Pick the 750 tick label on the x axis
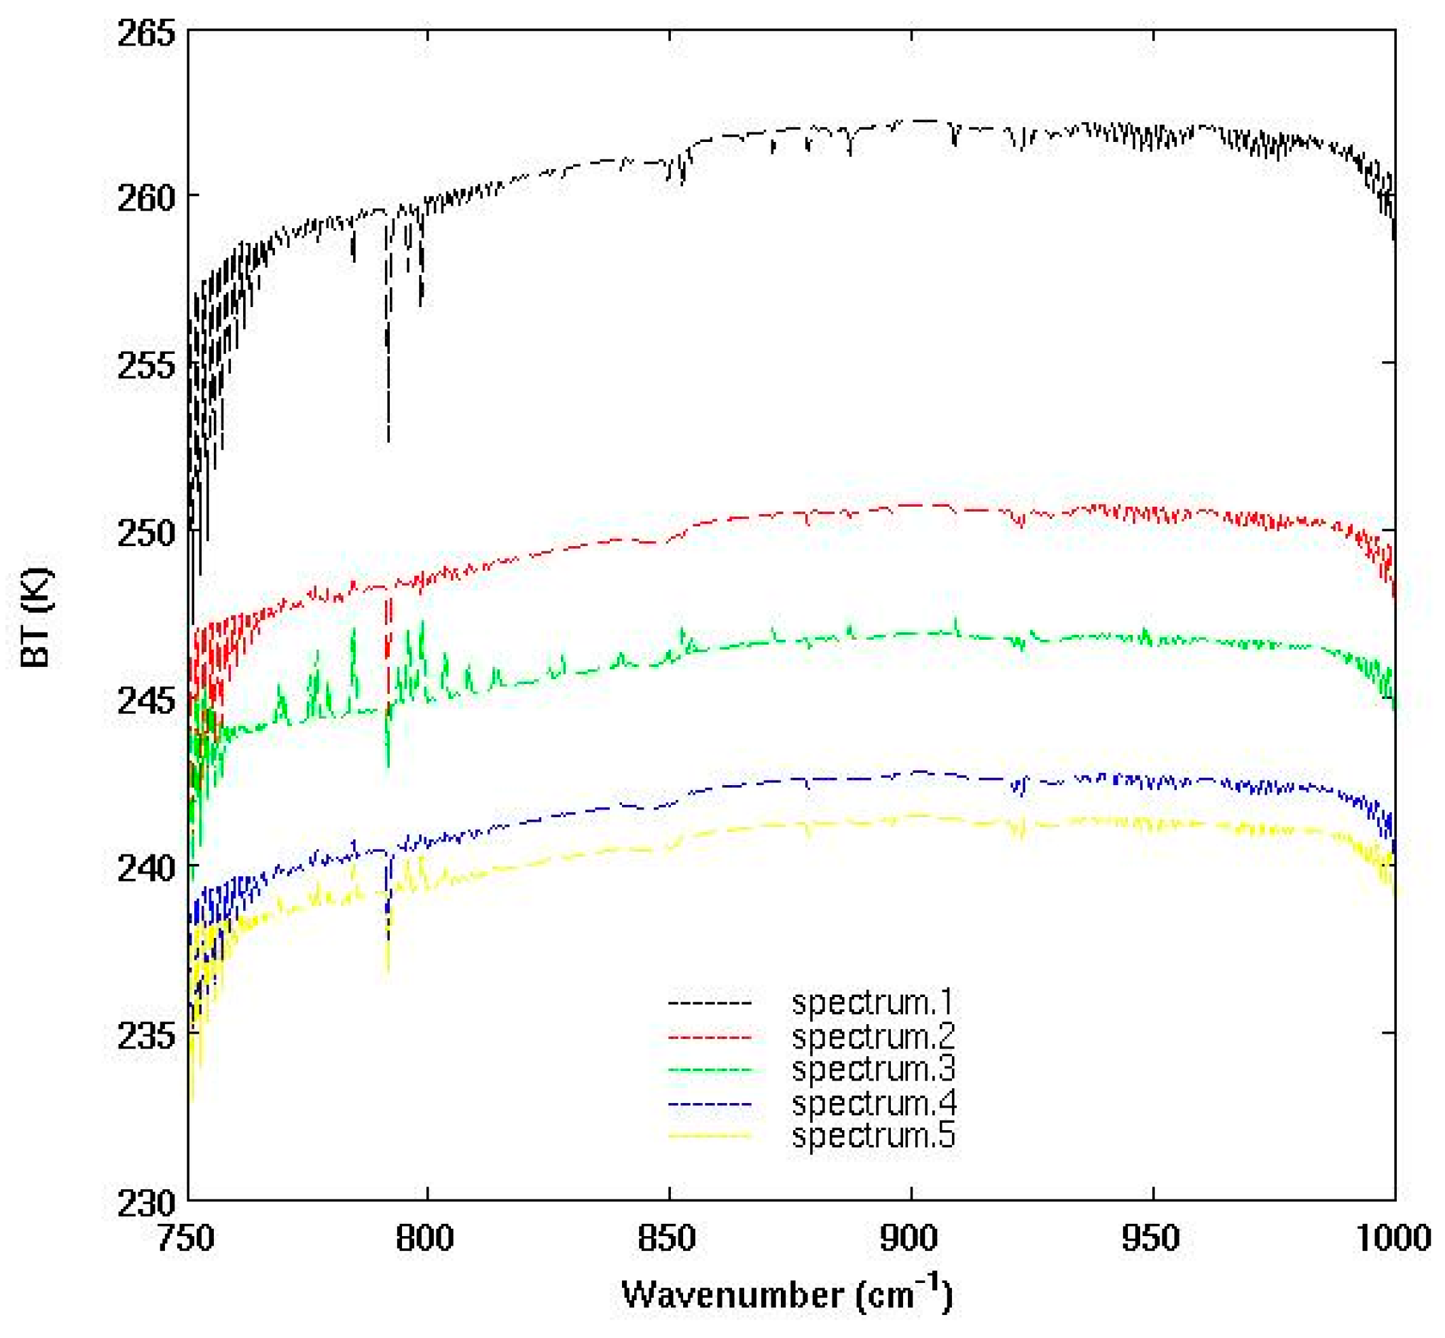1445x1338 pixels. coord(187,1237)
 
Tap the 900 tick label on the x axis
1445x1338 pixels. coord(909,1237)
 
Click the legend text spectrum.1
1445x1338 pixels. coord(873,1002)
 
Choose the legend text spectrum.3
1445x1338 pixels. coord(873,1068)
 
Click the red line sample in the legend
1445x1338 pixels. coord(710,1037)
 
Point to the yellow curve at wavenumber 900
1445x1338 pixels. coord(911,816)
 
